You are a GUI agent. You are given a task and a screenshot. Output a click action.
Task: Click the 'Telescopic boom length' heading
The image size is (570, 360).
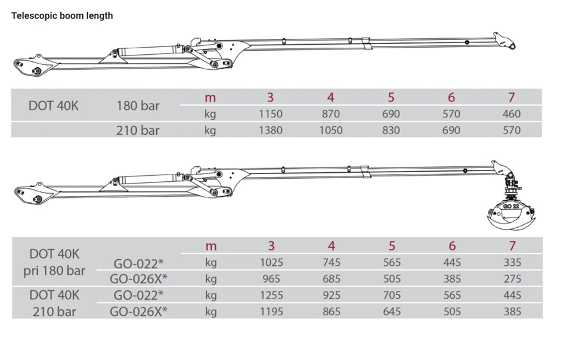62,15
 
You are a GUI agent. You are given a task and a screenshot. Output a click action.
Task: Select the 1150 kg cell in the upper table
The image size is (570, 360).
271,114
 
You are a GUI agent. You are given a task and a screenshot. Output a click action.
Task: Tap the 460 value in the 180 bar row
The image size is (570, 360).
512,114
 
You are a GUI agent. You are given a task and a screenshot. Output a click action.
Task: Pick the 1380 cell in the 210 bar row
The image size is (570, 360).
271,130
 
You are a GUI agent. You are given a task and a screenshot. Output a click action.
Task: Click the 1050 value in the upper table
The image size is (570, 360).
331,130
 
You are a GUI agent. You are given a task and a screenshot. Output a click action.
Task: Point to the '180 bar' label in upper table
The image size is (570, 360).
138,105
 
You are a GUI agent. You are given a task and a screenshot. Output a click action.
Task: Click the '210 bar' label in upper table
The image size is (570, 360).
138,130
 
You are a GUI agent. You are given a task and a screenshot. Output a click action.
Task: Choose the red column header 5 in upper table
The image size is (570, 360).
391,97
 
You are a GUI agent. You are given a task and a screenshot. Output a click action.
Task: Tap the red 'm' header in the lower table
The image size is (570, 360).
211,246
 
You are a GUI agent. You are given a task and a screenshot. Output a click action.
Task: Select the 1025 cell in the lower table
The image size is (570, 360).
271,262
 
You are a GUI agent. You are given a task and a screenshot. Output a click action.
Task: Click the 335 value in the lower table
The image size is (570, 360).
512,262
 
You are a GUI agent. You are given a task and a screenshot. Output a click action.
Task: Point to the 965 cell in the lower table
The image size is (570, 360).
271,278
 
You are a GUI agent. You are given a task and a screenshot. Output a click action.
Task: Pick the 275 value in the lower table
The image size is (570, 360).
512,278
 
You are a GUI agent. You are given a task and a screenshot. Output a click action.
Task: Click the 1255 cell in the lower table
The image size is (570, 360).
271,295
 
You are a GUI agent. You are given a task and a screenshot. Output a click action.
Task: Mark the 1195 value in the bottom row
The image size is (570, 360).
271,311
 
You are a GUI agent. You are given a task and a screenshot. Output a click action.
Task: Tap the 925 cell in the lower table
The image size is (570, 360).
332,295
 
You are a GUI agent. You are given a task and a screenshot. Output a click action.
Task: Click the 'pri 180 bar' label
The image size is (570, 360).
54,271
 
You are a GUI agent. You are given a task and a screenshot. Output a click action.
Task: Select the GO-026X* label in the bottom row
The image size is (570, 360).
138,311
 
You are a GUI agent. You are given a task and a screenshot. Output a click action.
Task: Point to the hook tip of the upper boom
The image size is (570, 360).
512,46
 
